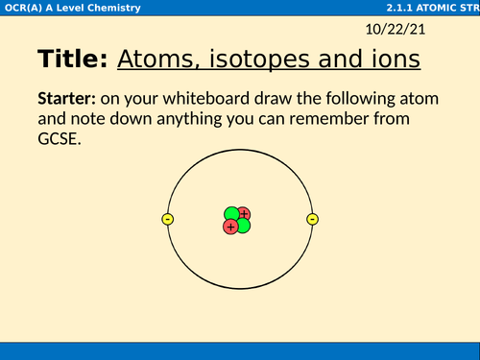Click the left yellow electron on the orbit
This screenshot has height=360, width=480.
pyautogui.click(x=168, y=220)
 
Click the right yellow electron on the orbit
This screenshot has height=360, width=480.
pyautogui.click(x=312, y=220)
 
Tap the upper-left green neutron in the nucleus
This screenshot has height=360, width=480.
pyautogui.click(x=232, y=214)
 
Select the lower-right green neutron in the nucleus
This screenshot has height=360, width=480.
pyautogui.click(x=243, y=226)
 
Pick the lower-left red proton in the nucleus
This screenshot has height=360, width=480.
pyautogui.click(x=230, y=227)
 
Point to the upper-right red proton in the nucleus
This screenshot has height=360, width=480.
pyautogui.click(x=244, y=213)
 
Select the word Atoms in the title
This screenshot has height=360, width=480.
pyautogui.click(x=154, y=60)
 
